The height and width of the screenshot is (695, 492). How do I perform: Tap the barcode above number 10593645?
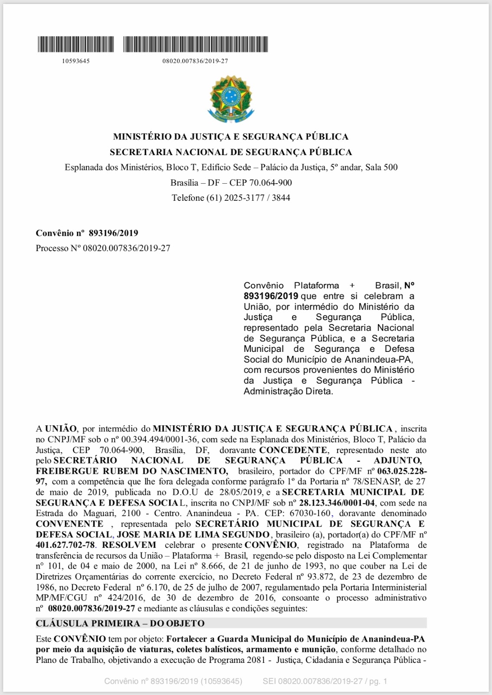point(75,44)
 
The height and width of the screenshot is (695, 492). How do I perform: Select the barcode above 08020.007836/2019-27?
point(195,44)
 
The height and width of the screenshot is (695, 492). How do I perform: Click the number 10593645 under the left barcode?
point(75,61)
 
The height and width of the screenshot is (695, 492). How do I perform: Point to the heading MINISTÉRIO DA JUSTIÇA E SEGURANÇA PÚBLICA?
point(230,137)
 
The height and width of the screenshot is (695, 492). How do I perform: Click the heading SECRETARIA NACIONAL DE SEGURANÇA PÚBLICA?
point(230,152)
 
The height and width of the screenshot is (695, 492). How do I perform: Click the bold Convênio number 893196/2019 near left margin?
point(113,233)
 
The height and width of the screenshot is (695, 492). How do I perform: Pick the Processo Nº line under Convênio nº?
point(103,248)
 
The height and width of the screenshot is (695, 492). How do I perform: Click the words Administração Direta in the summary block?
point(288,391)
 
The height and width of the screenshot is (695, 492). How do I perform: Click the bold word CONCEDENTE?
point(293,450)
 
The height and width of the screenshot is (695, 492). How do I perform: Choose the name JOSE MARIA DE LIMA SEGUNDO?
point(194,535)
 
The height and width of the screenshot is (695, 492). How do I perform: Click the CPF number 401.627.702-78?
point(65,545)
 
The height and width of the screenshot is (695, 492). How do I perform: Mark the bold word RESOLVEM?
point(129,545)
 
